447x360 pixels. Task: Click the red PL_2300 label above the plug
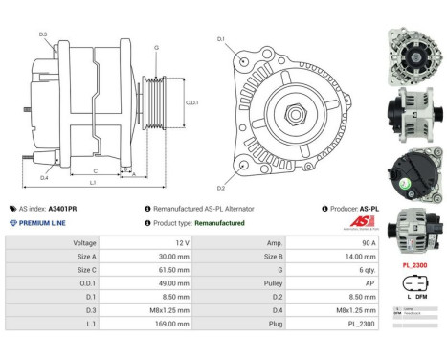point(414,264)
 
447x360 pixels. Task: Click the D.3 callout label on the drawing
point(44,34)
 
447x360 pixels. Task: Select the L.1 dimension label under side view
point(94,182)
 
